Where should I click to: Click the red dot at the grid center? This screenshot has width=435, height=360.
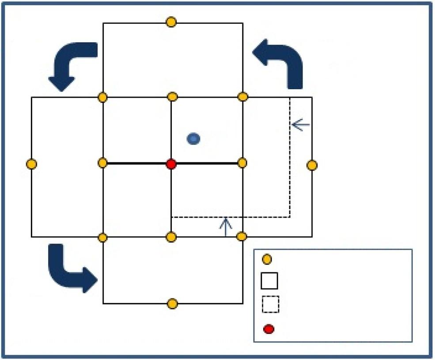[x=171, y=164]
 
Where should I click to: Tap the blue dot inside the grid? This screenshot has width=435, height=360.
[x=193, y=139]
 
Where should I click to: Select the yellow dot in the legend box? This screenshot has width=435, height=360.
[x=267, y=260]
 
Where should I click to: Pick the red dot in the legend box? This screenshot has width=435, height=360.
[x=269, y=329]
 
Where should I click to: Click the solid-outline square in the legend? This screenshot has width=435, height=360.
[x=269, y=280]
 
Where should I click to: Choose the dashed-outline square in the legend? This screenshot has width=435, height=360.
[x=269, y=304]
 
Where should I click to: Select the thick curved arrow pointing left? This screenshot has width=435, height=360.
[x=280, y=62]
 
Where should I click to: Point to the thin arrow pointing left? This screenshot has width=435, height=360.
[x=301, y=125]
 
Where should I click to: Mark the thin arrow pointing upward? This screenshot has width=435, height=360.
[x=226, y=227]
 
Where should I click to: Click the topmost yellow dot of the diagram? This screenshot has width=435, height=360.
[x=171, y=22]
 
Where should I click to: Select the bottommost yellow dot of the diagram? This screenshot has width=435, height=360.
[x=173, y=304]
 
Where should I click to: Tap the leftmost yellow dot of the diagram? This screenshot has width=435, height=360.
[x=31, y=164]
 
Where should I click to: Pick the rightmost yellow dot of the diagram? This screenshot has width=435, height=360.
[x=312, y=165]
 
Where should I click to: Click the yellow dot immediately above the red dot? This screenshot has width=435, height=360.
[x=173, y=97]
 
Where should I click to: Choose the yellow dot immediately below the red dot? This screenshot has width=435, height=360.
[x=171, y=237]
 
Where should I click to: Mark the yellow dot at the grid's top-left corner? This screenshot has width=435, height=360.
[x=102, y=97]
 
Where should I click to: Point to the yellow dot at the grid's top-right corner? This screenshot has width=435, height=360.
[x=242, y=97]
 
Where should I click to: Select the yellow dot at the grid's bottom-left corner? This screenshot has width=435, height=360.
[x=102, y=238]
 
